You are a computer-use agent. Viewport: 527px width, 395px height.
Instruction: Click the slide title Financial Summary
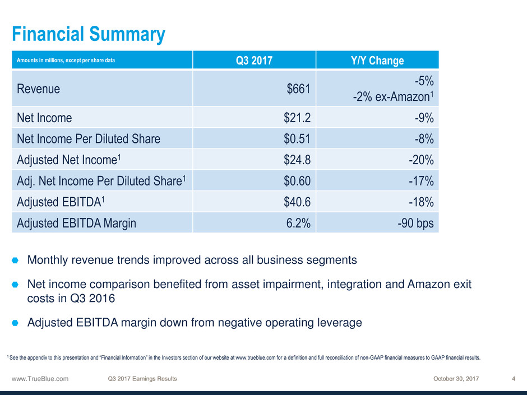(89, 35)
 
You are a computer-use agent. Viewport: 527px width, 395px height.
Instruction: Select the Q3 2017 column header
(254, 61)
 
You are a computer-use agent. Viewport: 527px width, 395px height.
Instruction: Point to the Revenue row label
(39, 89)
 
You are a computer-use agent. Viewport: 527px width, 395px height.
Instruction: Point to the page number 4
(514, 379)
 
